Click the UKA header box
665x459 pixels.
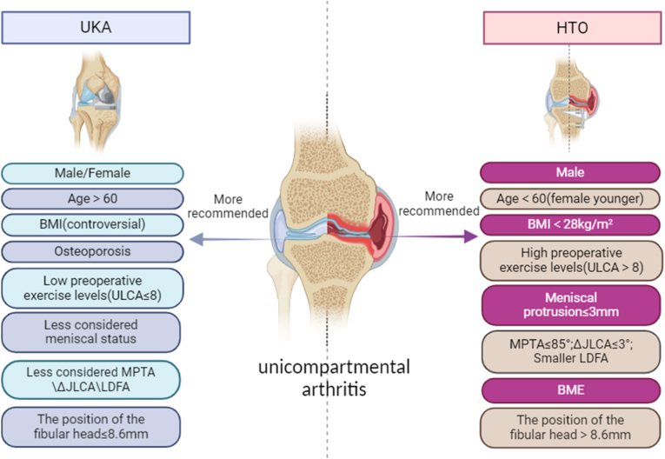click(96, 28)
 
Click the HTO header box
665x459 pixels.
click(572, 28)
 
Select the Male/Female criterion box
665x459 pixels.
click(92, 174)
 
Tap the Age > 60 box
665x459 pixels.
click(92, 199)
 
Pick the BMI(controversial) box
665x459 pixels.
click(92, 224)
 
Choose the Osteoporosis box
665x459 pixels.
click(92, 252)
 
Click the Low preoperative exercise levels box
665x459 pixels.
click(92, 288)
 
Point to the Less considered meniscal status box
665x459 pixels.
click(90, 332)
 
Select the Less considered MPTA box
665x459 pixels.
click(90, 380)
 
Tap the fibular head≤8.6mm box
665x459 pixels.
click(90, 427)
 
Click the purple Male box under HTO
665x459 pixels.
click(570, 173)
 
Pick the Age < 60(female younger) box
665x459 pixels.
click(570, 198)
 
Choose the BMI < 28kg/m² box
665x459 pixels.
click(570, 224)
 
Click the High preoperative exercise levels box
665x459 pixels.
click(571, 261)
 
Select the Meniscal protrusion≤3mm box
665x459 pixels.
click(571, 305)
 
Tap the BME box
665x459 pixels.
click(571, 390)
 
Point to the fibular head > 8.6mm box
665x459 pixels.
click(570, 428)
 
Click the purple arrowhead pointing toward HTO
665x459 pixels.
click(471, 236)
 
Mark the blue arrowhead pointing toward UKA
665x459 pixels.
click(196, 239)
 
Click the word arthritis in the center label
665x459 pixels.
click(334, 389)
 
